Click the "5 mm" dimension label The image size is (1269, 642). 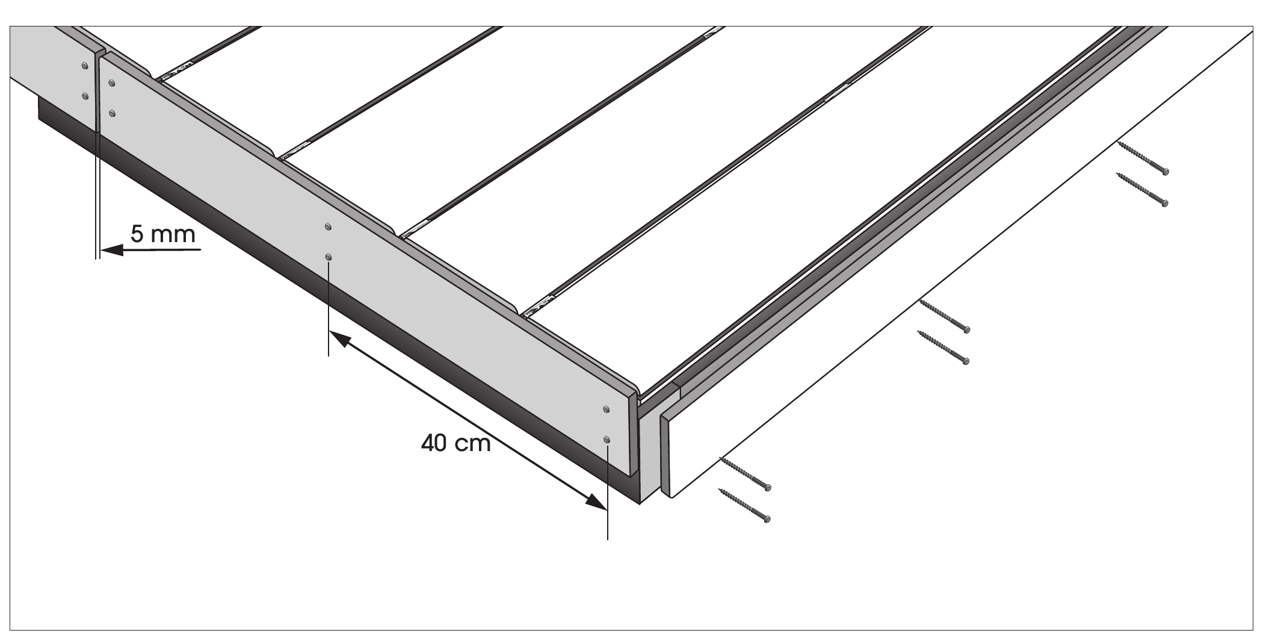pyautogui.click(x=163, y=234)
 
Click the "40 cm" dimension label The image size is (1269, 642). pyautogui.click(x=456, y=443)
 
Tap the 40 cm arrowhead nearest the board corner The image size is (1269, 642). pyautogui.click(x=596, y=501)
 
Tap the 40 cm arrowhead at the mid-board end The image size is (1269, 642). pyautogui.click(x=340, y=340)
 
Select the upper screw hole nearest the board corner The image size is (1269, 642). pyautogui.click(x=607, y=410)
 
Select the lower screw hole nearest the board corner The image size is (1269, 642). pyautogui.click(x=607, y=440)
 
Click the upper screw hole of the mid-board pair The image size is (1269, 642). pyautogui.click(x=328, y=226)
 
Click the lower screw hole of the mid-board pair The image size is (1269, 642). pyautogui.click(x=328, y=257)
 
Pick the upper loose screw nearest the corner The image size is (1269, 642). pyautogui.click(x=744, y=473)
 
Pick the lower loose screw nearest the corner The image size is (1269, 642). pyautogui.click(x=744, y=505)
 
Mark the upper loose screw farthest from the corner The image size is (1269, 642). pyautogui.click(x=1143, y=158)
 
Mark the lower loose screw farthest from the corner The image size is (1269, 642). pyautogui.click(x=1142, y=189)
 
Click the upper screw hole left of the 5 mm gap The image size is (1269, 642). pyautogui.click(x=85, y=65)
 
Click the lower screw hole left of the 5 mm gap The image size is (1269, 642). pyautogui.click(x=85, y=95)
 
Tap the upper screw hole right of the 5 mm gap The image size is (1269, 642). pyautogui.click(x=112, y=83)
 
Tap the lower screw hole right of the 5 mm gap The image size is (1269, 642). pyautogui.click(x=112, y=113)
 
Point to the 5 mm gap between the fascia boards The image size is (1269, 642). pyautogui.click(x=97, y=90)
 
